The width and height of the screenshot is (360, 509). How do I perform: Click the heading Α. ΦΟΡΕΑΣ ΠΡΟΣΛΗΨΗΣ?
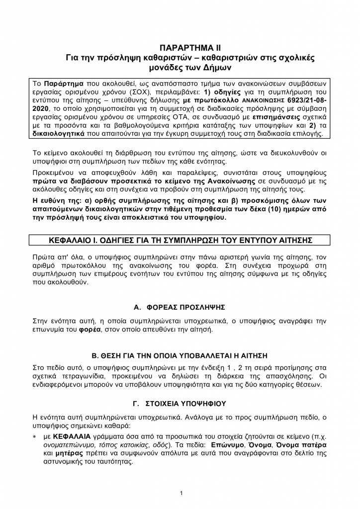point(180,307)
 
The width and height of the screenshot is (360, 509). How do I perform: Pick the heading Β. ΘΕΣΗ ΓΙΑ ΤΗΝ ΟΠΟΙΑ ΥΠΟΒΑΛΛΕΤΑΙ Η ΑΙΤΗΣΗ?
point(180,355)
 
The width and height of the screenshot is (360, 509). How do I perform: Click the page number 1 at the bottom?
point(181,493)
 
